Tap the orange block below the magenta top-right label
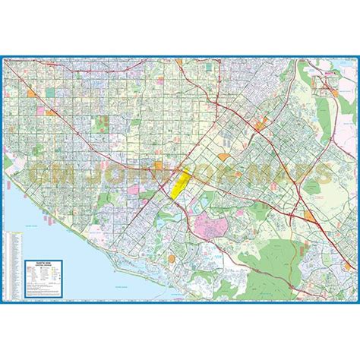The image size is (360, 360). coord(335,92)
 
